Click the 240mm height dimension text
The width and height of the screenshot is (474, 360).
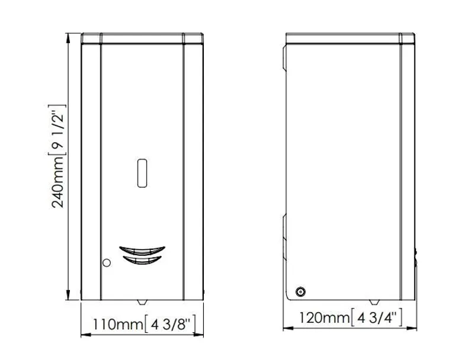(x=57, y=182)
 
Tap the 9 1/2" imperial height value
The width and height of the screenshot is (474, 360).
(x=57, y=130)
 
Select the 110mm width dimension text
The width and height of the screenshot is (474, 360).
(x=117, y=324)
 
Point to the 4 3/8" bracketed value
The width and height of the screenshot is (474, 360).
(x=170, y=324)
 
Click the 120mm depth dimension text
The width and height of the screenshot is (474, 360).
(x=324, y=318)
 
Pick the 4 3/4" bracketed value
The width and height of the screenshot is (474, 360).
(x=377, y=317)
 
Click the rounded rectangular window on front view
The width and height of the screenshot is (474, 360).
(x=142, y=173)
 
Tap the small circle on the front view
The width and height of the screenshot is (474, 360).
(x=107, y=263)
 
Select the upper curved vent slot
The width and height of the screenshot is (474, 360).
(x=142, y=250)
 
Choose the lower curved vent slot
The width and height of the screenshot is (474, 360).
(x=142, y=260)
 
